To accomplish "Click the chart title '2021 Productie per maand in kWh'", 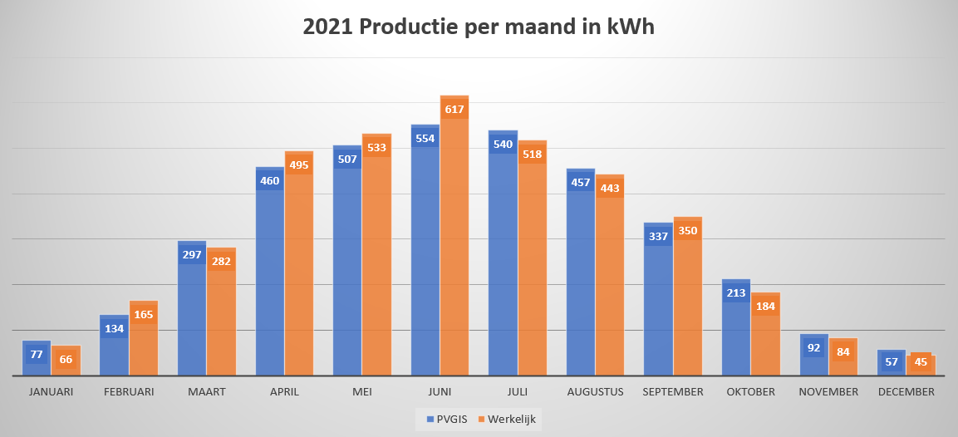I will pos(479,27).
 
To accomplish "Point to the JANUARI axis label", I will pos(51,391).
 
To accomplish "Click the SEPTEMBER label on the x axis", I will pos(673,391).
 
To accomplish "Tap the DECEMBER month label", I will pos(906,391).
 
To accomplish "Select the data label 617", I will pos(454,109).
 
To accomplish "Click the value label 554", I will pos(425,138).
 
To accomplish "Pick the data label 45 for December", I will pos(921,361).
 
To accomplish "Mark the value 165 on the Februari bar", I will pos(144,314).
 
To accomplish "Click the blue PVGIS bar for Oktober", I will pos(736,341).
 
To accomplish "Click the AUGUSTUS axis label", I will pos(595,391).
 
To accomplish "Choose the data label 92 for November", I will pos(814,347).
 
